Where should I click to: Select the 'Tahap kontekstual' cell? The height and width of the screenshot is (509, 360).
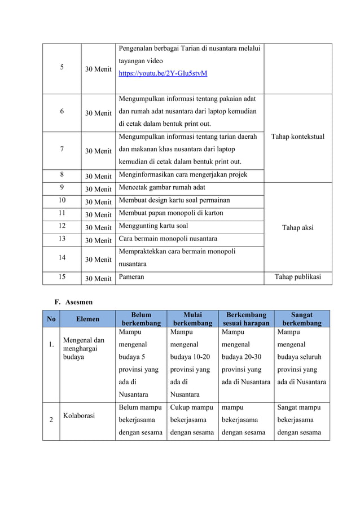pyautogui.click(x=297, y=137)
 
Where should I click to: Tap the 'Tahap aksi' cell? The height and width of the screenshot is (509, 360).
pyautogui.click(x=297, y=228)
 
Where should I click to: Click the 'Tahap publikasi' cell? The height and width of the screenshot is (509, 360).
pyautogui.click(x=297, y=277)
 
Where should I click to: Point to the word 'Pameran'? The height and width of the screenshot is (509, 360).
pyautogui.click(x=131, y=278)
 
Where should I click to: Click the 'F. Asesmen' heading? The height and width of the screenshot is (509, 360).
pyautogui.click(x=73, y=302)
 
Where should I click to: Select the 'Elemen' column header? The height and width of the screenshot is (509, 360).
pyautogui.click(x=88, y=319)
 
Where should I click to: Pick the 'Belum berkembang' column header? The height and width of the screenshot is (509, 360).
pyautogui.click(x=141, y=319)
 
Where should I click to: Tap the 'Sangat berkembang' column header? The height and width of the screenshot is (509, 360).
pyautogui.click(x=302, y=319)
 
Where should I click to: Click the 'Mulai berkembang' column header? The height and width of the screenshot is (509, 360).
pyautogui.click(x=192, y=319)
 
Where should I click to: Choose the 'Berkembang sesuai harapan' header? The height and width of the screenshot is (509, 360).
pyautogui.click(x=246, y=319)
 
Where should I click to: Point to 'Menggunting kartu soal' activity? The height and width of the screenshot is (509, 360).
pyautogui.click(x=153, y=226)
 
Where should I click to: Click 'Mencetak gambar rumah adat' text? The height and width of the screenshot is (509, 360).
pyautogui.click(x=162, y=188)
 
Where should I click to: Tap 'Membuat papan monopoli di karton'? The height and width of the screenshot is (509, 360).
pyautogui.click(x=171, y=213)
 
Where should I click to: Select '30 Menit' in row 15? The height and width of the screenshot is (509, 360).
pyautogui.click(x=98, y=278)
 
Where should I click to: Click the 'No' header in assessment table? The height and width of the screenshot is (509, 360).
pyautogui.click(x=51, y=319)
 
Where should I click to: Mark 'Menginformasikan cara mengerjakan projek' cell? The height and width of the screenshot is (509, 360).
pyautogui.click(x=183, y=175)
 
